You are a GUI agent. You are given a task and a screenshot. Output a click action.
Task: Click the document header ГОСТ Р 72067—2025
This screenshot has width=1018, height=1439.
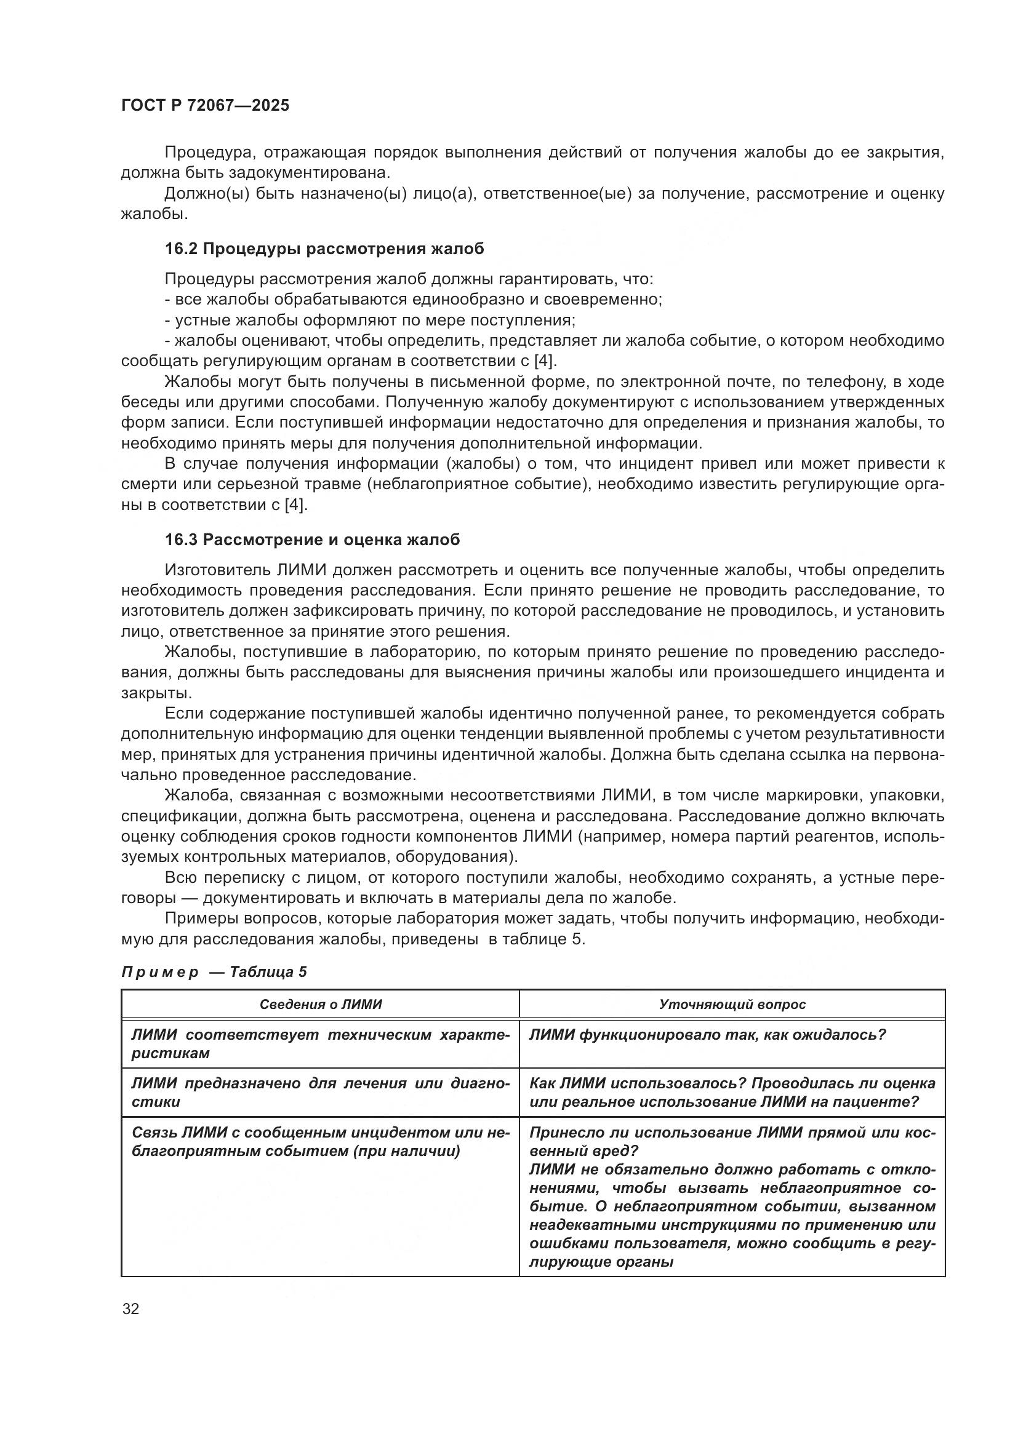(205, 105)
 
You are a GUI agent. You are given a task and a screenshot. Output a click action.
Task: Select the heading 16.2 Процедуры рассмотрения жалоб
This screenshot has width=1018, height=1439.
(324, 249)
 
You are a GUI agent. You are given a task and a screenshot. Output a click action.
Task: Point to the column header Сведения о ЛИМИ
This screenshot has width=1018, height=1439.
(320, 1004)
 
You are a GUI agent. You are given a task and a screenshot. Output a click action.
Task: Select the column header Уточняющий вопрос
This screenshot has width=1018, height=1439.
(732, 1004)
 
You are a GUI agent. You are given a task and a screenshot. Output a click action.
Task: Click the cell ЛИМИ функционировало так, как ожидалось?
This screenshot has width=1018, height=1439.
(707, 1035)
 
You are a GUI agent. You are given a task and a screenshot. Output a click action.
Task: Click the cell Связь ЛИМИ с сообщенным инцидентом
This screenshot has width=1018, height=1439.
(320, 1142)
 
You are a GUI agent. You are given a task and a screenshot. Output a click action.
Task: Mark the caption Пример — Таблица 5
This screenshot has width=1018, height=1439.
(214, 972)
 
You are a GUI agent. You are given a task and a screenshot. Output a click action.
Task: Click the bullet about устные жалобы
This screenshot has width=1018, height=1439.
(370, 321)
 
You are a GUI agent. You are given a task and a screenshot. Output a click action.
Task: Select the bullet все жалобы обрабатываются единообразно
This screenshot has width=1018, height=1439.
(413, 300)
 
